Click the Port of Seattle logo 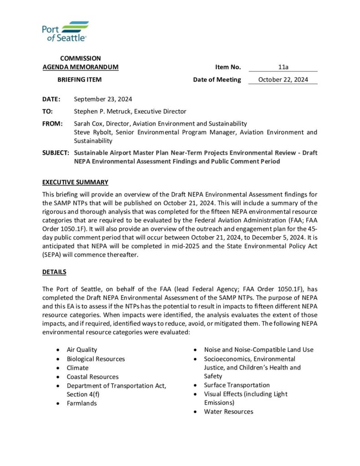pos(65,31)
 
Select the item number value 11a pos(283,67)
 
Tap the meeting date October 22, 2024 pos(283,80)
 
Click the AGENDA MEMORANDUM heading pos(81,67)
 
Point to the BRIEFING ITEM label pos(80,80)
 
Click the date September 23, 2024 pos(103,99)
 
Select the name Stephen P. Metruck pos(103,111)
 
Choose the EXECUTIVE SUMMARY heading pos(75,182)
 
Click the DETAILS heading pos(54,272)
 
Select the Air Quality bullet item pos(82,350)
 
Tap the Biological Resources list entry pos(96,359)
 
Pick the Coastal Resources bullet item pos(92,377)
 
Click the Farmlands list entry pos(82,403)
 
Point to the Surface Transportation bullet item pos(237,385)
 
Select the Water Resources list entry pos(228,412)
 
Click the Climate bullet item pos(78,368)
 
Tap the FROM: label pos(53,124)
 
